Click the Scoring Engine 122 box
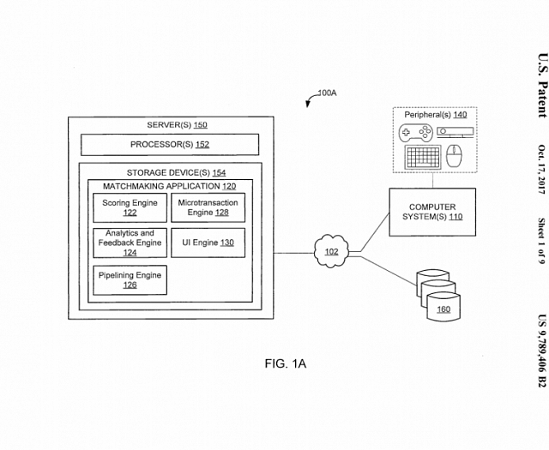(x=130, y=207)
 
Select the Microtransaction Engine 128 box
(x=208, y=207)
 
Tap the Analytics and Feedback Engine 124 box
(x=130, y=243)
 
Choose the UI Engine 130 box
(x=208, y=243)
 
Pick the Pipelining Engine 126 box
(x=130, y=280)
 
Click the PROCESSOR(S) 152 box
(x=170, y=144)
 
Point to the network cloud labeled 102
(x=330, y=252)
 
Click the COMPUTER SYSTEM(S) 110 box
(x=431, y=212)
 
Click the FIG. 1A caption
(x=286, y=363)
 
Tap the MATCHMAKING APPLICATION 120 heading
(x=169, y=185)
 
